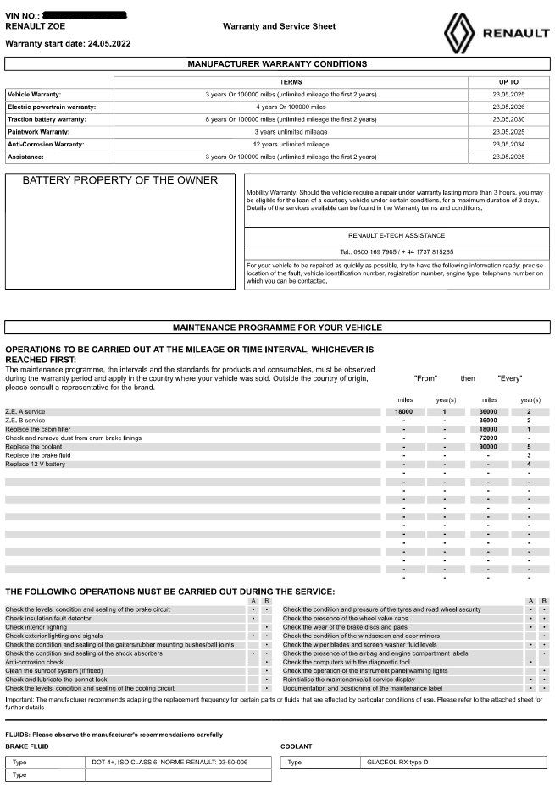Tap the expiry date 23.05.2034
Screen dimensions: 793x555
tap(508, 145)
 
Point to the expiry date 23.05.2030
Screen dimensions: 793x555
tap(508, 119)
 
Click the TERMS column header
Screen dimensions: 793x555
tap(291, 81)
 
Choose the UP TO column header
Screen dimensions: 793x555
tap(508, 81)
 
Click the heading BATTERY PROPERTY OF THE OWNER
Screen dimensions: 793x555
tap(119, 181)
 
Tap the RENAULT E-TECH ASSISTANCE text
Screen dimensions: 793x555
tap(397, 235)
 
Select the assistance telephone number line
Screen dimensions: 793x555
tap(397, 252)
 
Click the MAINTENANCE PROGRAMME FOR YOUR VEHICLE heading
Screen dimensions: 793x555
tap(277, 327)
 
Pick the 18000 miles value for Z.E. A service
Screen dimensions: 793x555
tap(403, 411)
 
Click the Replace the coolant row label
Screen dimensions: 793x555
tap(35, 447)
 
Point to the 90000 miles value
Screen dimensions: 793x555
tap(488, 447)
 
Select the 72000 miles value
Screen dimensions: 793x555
tap(488, 438)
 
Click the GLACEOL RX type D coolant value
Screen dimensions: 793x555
tap(398, 762)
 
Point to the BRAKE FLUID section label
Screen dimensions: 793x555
tap(27, 746)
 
